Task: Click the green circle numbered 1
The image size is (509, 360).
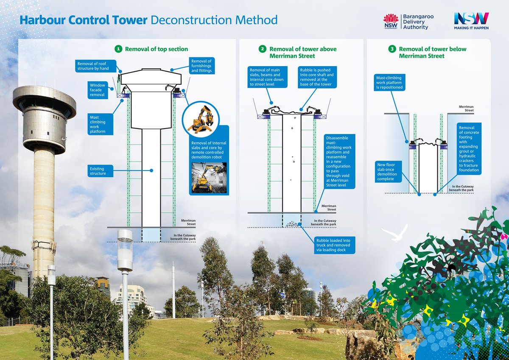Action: click(x=118, y=49)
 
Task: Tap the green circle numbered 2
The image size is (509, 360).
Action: click(x=263, y=49)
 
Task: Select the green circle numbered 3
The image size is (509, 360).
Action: click(x=392, y=49)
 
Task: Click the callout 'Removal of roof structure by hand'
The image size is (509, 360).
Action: click(x=95, y=66)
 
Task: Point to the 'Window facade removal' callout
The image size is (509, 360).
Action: click(x=98, y=90)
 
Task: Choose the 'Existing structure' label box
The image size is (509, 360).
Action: click(x=100, y=171)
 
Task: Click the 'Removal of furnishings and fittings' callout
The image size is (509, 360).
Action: click(x=201, y=66)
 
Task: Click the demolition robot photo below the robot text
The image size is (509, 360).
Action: click(x=209, y=178)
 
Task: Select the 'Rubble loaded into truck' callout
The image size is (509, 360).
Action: click(x=335, y=245)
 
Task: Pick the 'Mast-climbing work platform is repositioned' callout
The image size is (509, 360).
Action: click(x=389, y=82)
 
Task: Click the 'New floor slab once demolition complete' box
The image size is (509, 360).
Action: click(x=388, y=172)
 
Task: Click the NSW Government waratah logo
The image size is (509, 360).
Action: click(x=391, y=21)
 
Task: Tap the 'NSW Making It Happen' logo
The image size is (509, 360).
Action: click(x=471, y=21)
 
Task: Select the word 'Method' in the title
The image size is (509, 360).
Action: click(x=256, y=20)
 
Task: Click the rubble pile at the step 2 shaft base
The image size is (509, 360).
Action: click(x=292, y=224)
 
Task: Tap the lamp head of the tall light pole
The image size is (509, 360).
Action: click(x=125, y=250)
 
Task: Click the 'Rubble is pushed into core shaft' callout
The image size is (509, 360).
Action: click(x=317, y=77)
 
